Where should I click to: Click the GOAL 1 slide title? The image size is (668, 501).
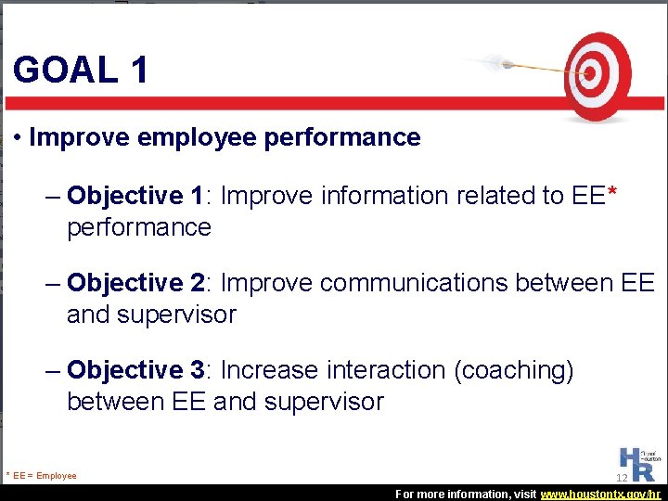(81, 70)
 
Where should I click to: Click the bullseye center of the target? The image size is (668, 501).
(586, 72)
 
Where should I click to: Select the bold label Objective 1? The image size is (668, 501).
(135, 196)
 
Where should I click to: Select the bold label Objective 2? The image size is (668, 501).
(135, 282)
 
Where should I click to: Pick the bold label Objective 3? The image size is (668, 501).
(135, 370)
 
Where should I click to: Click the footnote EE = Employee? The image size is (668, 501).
(42, 476)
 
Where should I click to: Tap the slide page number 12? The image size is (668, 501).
(622, 478)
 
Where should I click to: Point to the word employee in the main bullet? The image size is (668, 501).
(196, 137)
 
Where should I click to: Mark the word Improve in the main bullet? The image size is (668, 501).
(79, 137)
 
